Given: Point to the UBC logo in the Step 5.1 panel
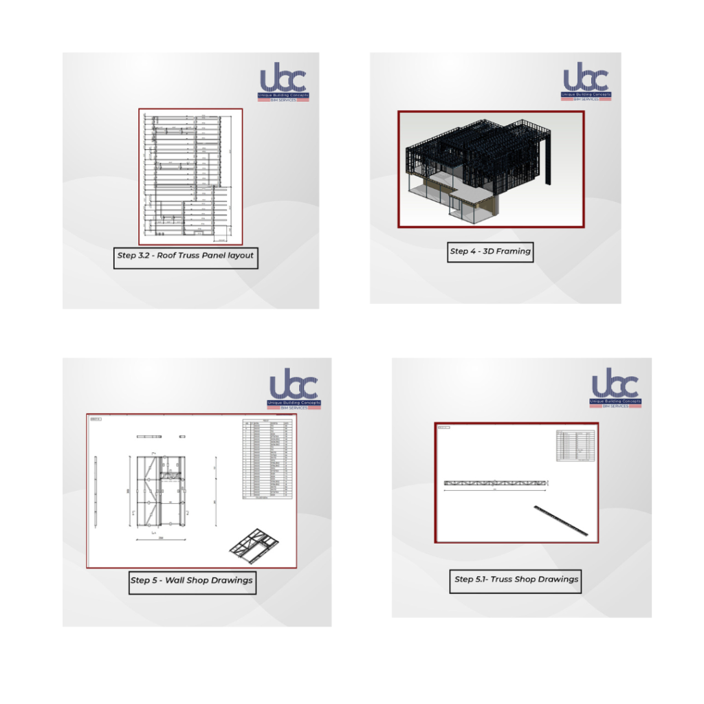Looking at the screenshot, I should [615, 388].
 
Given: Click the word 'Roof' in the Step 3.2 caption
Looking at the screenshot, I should [170, 255].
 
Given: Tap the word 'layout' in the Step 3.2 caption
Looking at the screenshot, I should [237, 255].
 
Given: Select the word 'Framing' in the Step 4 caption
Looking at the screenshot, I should [514, 251].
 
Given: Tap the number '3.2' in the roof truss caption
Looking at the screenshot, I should [145, 255].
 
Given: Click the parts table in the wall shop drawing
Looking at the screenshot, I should [268, 459].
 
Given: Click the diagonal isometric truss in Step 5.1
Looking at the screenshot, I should [560, 520].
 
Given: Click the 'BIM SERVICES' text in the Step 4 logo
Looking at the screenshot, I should [586, 99].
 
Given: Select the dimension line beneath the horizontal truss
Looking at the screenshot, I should [495, 490].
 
